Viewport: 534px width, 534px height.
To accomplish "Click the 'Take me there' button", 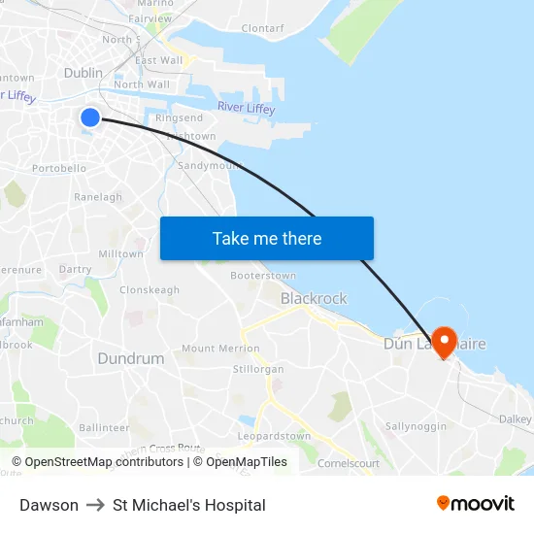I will tap(266, 238).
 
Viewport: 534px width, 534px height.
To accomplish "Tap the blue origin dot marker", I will tap(90, 117).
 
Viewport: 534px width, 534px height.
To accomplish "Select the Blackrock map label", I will tap(313, 298).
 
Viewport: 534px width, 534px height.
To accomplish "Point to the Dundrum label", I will tap(130, 358).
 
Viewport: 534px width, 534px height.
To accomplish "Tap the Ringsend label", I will tap(179, 118).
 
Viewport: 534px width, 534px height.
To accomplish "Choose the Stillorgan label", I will tap(258, 370).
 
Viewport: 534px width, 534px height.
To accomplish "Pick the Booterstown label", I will tap(262, 276).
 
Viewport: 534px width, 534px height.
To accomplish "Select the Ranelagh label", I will tap(98, 197).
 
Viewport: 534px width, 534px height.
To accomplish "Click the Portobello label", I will tap(59, 168).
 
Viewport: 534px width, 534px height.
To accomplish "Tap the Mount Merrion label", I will tap(220, 349).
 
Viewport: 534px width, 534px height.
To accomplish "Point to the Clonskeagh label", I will tap(149, 290).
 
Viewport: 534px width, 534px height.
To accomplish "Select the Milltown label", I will tap(120, 254).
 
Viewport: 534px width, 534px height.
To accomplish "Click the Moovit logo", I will tap(475, 503).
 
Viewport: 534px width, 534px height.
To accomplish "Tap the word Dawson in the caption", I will tap(49, 505).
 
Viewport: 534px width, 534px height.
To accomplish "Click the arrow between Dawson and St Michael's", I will tap(95, 505).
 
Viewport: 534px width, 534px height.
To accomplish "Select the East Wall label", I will tap(158, 60).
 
